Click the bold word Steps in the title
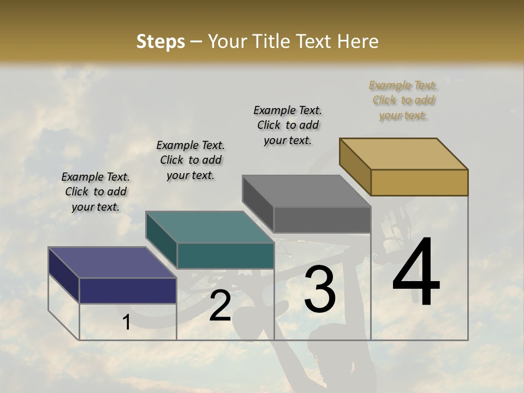[160, 41]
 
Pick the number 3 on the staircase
[320, 289]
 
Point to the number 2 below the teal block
[220, 306]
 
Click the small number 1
[127, 322]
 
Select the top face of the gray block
[306, 190]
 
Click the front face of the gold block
[419, 182]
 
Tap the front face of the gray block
[322, 219]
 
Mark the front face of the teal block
[225, 255]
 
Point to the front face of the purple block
[128, 290]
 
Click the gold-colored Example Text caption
[403, 100]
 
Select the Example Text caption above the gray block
[288, 125]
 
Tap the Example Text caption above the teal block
[190, 160]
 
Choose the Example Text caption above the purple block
[96, 192]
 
